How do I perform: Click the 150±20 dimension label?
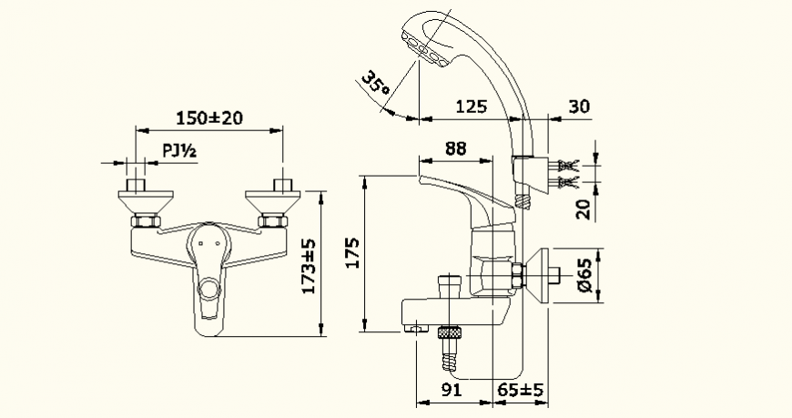[x=208, y=117]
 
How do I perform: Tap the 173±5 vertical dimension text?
[x=309, y=266]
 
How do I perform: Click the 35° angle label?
[x=374, y=84]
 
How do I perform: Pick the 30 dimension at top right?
[x=579, y=106]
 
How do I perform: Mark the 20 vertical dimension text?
[x=583, y=209]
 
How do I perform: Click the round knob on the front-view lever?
[x=209, y=291]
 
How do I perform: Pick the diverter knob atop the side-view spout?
[x=448, y=283]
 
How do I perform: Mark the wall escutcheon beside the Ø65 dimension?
[x=547, y=273]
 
